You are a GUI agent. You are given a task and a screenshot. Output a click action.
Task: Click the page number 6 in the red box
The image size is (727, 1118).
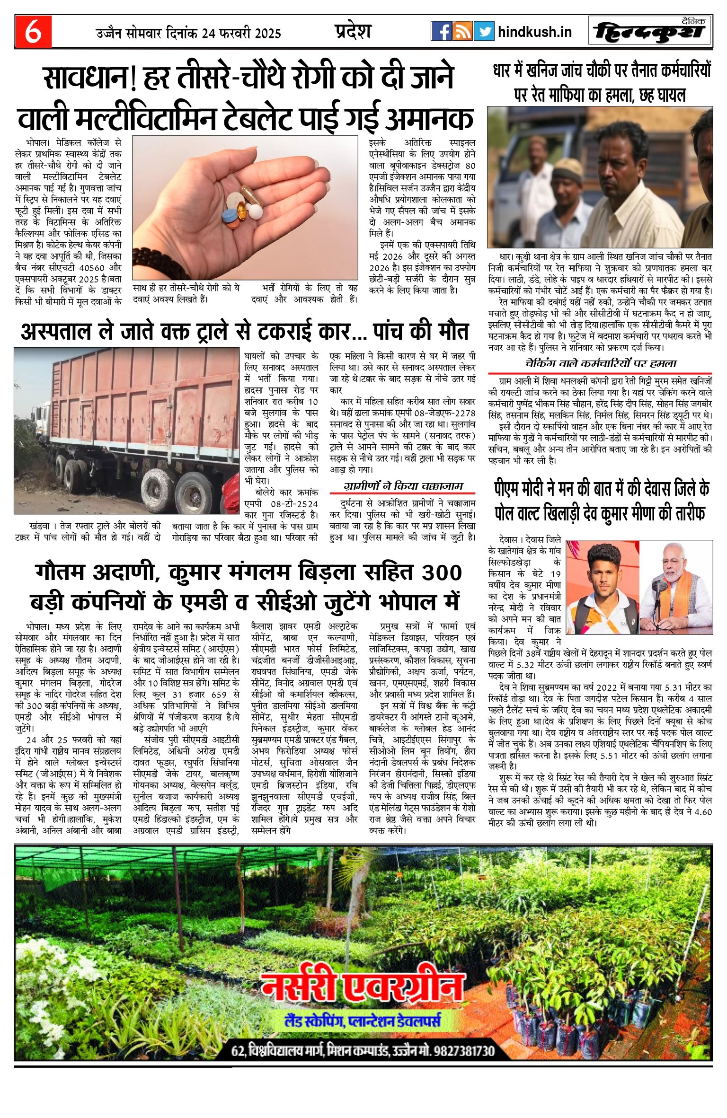coord(33,32)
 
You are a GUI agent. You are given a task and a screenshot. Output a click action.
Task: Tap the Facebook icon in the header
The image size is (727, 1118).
coord(441,32)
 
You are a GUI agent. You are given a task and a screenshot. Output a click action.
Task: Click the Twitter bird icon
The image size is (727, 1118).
coord(484,32)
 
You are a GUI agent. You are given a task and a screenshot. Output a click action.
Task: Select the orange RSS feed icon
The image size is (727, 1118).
coord(462,32)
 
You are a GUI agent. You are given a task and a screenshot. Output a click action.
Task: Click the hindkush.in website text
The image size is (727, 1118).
coord(535,32)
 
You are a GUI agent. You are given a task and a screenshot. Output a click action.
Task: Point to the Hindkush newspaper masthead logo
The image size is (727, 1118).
coord(650,32)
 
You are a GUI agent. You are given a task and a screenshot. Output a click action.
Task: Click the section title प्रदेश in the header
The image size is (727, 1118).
coord(353,31)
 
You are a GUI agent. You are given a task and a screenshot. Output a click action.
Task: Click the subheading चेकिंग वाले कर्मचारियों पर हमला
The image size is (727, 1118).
coord(601,364)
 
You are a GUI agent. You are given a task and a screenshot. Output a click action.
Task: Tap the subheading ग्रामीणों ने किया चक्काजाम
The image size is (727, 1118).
coord(403,486)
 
